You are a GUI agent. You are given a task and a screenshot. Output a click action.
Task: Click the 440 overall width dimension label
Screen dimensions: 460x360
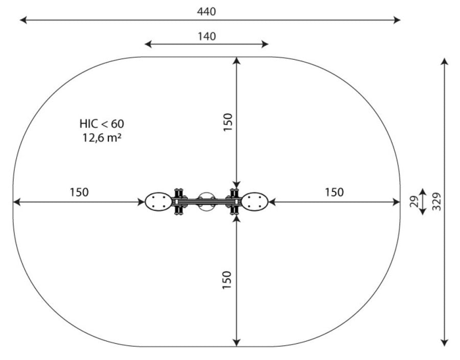(206, 12)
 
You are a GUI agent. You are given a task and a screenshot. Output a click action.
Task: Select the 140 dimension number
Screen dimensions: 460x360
(206, 36)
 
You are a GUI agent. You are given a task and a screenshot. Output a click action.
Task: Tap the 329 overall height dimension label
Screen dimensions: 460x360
(436, 201)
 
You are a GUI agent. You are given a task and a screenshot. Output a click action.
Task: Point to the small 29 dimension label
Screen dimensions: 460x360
(414, 202)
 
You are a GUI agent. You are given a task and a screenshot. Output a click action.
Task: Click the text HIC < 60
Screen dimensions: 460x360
(102, 124)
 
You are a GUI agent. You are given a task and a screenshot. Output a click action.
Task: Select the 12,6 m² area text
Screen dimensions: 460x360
(102, 137)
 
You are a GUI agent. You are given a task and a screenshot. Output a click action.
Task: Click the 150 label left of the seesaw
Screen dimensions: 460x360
(79, 193)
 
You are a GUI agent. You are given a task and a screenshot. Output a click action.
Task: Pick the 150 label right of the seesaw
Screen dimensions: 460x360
(334, 193)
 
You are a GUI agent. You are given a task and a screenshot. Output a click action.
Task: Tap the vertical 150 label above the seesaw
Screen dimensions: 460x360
(227, 122)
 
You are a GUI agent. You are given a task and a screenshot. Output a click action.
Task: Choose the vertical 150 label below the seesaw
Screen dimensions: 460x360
(227, 280)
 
